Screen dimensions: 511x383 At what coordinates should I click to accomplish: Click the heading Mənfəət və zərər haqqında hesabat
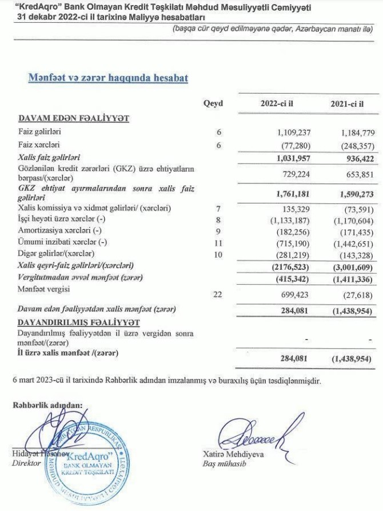109,77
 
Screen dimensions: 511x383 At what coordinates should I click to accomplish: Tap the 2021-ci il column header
347,104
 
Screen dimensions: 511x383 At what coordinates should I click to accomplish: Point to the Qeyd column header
213,104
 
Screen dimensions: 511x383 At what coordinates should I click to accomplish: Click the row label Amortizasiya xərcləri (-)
57,233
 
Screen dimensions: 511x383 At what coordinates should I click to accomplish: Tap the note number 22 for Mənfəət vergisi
218,295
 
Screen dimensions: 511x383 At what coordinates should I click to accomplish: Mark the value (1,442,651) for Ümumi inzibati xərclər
349,243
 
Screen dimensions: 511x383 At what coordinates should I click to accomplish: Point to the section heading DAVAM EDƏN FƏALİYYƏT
74,119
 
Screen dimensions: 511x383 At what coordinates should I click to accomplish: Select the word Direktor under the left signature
27,463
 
